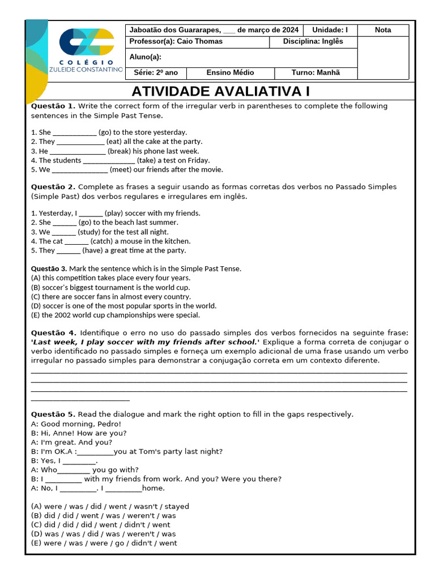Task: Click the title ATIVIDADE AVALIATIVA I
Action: point(221,92)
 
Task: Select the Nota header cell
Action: point(383,30)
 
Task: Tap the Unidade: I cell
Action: point(330,30)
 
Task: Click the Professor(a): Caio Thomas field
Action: point(176,41)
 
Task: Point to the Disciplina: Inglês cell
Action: point(321,41)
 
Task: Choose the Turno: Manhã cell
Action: point(315,72)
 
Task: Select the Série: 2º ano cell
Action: point(156,72)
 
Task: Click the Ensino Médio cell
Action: point(230,72)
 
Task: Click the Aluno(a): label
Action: point(146,57)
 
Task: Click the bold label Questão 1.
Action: point(53,106)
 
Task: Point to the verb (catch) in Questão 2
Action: point(101,241)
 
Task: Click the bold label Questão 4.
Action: point(53,332)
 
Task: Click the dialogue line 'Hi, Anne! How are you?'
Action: point(78,433)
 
